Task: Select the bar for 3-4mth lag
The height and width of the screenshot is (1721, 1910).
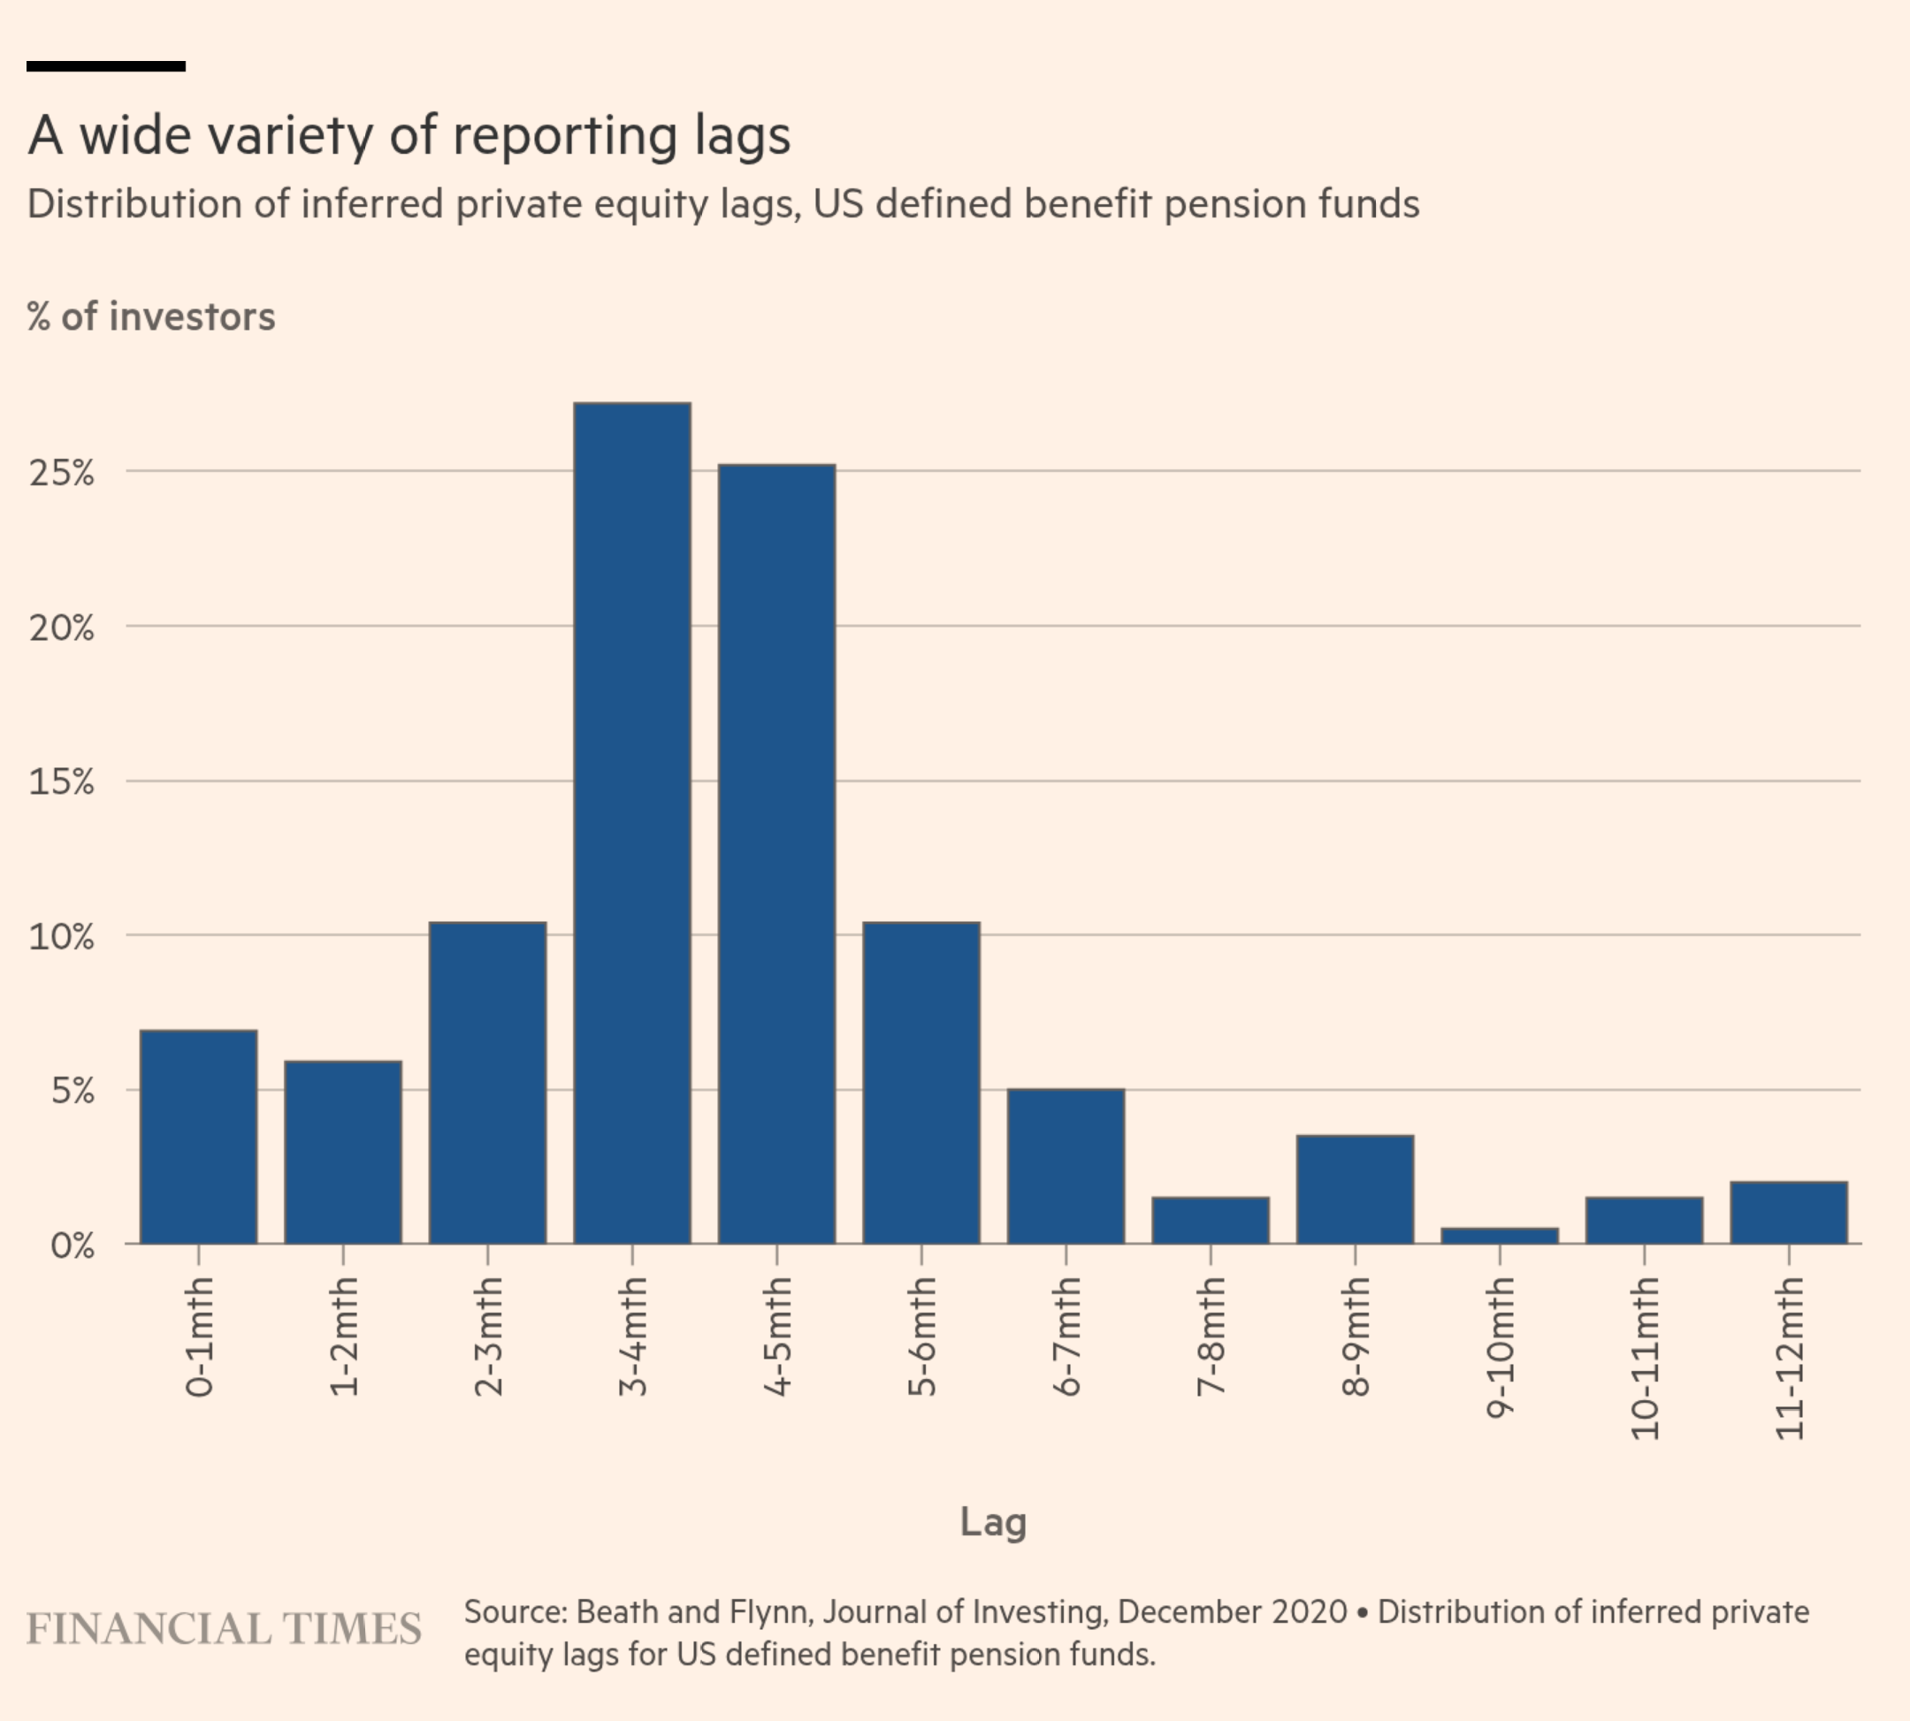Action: point(632,823)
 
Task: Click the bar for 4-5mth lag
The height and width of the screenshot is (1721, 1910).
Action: point(776,854)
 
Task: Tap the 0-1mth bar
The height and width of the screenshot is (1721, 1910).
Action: point(199,1137)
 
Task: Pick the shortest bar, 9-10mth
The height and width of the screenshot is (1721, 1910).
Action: point(1500,1236)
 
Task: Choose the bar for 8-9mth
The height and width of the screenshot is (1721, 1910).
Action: point(1355,1190)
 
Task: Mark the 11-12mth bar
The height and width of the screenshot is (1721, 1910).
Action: point(1788,1212)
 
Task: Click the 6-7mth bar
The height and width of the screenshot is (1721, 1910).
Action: point(1066,1166)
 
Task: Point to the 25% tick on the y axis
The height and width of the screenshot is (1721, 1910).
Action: point(62,473)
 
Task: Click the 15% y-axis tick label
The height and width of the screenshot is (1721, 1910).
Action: point(62,782)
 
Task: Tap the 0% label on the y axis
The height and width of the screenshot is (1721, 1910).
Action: point(72,1245)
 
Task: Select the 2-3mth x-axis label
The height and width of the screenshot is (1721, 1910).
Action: point(488,1336)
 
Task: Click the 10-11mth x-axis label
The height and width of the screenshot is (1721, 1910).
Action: point(1645,1358)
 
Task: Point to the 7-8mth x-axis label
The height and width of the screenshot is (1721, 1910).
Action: point(1211,1336)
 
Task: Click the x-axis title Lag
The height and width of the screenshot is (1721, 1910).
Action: point(992,1522)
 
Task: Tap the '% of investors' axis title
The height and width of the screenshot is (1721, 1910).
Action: point(151,316)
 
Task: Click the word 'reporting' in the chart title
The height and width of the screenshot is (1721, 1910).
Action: point(565,135)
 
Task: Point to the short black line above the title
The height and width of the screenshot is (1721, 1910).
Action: point(106,66)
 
